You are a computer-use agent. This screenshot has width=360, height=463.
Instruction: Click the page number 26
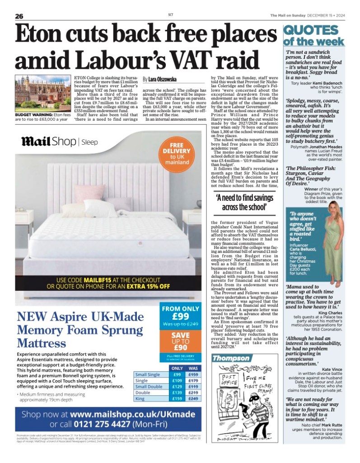click(19, 16)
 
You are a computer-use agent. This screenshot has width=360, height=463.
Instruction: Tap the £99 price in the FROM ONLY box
click(179, 317)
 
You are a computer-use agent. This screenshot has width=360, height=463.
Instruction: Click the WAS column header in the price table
click(193, 368)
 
